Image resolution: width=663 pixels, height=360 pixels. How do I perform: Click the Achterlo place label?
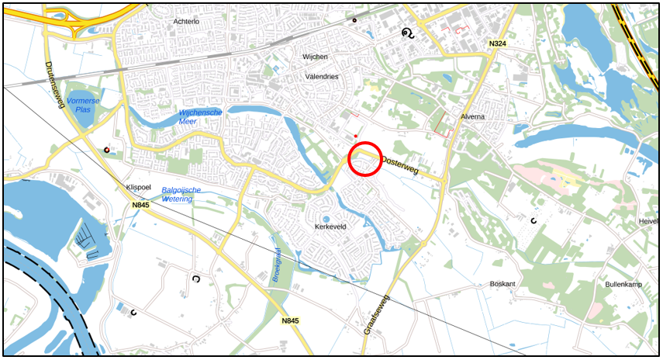pos(187,22)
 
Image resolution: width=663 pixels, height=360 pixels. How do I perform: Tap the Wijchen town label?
pos(316,57)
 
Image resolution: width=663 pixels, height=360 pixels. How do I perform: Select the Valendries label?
pos(321,77)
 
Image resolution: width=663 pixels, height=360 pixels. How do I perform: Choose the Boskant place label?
pos(502,284)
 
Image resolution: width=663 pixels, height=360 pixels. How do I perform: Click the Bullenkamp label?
pos(624,284)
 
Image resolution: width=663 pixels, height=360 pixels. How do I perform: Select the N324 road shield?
pos(499,44)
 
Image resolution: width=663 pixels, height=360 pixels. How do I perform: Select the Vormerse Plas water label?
pos(83,106)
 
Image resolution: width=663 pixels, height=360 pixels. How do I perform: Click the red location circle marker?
pos(364,159)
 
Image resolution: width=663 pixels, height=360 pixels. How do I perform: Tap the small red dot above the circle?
pos(356,135)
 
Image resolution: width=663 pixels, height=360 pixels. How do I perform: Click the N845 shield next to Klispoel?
pos(140,206)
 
